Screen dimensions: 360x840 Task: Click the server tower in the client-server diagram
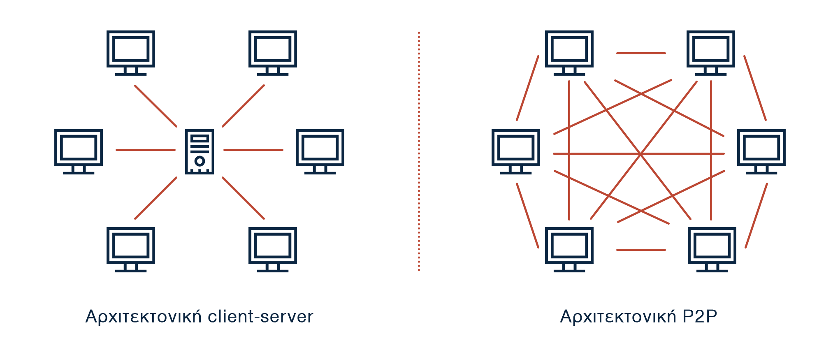coord(200,151)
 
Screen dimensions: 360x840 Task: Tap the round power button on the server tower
coord(200,161)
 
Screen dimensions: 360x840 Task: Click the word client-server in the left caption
coord(260,317)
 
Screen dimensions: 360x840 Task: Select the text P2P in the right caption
coord(700,317)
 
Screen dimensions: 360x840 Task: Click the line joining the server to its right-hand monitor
coord(253,150)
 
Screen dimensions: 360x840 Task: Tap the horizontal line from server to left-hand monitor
coord(146,150)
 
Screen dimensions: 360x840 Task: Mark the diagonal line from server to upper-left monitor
coord(155,106)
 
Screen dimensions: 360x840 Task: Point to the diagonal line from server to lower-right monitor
coord(243,198)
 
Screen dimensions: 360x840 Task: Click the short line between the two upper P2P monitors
coord(641,53)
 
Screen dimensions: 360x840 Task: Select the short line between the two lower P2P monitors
coord(641,250)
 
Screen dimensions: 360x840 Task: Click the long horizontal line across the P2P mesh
coord(596,153)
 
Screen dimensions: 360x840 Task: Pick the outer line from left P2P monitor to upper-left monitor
coord(528,88)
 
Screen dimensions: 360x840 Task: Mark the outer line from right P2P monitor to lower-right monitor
coord(756,216)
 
